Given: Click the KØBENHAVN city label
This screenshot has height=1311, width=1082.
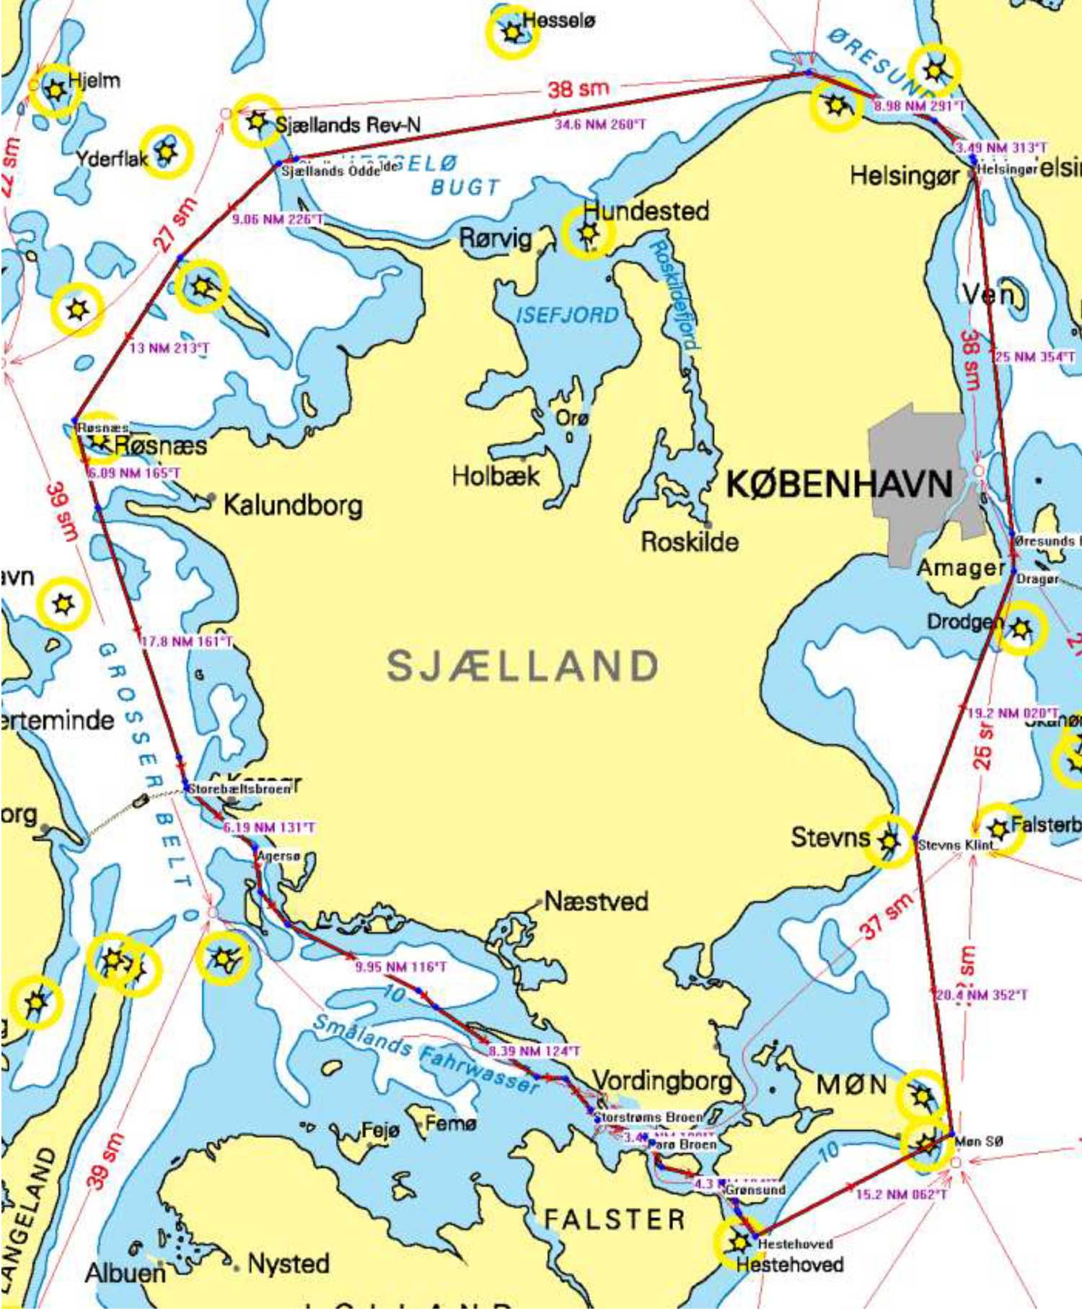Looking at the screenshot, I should (x=838, y=483).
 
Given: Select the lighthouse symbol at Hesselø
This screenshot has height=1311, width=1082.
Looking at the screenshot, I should (x=511, y=32).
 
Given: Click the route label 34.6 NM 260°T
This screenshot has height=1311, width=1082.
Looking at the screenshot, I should (x=599, y=125).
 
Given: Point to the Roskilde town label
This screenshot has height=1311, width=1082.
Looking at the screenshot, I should (x=690, y=542).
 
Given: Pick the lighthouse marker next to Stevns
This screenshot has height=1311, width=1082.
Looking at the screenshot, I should (x=889, y=841).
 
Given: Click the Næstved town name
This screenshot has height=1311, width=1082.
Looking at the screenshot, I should (x=596, y=901).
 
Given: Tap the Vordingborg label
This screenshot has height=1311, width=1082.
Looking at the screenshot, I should (x=661, y=1080).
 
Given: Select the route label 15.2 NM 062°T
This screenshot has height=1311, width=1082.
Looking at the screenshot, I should (x=900, y=1195).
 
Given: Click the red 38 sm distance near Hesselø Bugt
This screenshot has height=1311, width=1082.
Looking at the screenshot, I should (x=578, y=89).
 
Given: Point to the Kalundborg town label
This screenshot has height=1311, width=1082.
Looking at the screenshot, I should (x=292, y=504).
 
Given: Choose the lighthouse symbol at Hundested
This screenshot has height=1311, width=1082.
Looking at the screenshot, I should (x=588, y=233).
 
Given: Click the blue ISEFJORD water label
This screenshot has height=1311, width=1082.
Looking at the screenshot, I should (x=568, y=315).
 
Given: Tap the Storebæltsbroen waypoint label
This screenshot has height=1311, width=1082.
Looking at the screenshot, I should (x=239, y=789).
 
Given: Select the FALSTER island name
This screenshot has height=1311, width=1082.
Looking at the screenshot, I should (x=614, y=1219).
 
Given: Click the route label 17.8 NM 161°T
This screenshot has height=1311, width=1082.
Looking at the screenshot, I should (x=187, y=641).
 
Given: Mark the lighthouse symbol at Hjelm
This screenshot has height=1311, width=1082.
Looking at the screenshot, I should (x=54, y=91).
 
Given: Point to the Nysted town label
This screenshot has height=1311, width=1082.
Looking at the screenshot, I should (x=288, y=1263).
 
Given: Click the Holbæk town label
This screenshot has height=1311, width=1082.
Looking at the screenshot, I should (x=496, y=475).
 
